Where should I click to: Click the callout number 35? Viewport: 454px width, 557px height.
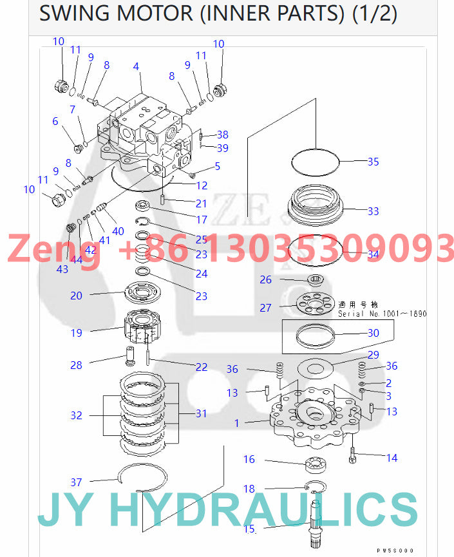tap(373, 162)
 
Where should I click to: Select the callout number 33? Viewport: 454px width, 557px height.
tap(373, 211)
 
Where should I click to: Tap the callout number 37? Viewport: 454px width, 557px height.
tap(77, 482)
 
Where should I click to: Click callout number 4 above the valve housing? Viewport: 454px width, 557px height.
tap(136, 66)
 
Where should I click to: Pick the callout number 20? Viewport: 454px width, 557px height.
tap(77, 296)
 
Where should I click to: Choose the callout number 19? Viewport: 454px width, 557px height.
tap(77, 333)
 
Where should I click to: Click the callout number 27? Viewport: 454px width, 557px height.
tap(265, 308)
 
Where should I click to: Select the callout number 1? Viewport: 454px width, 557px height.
tap(236, 423)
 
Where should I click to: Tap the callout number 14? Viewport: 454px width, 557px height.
tap(392, 458)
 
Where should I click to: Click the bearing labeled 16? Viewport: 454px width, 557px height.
tap(308, 463)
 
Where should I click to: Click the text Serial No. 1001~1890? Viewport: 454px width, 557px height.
tap(383, 314)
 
